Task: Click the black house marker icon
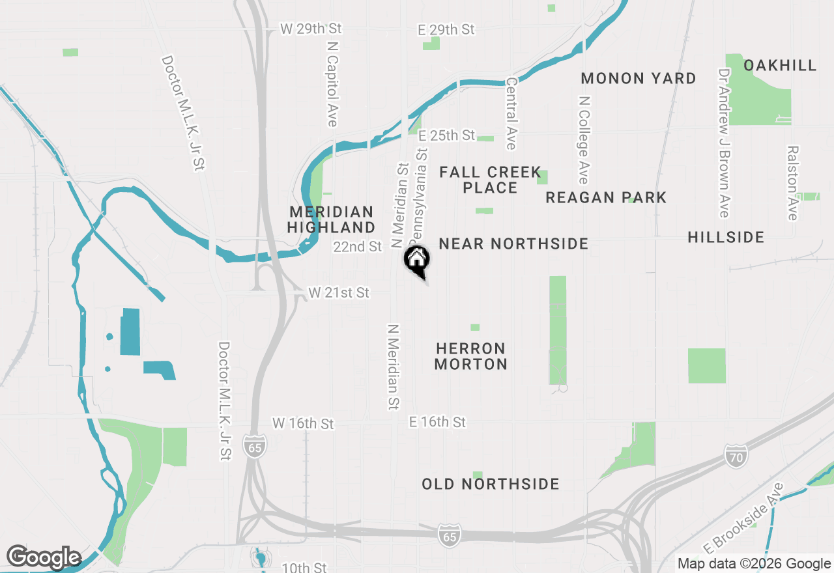417,260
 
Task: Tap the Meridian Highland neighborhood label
331,219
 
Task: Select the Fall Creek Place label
490,180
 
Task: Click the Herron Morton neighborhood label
470,356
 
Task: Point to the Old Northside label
490,484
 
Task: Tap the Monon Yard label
638,78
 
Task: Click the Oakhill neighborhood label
779,65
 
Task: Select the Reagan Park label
606,197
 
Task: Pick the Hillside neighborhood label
726,237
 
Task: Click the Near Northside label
513,244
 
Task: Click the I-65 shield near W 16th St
255,446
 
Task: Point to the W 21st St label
339,293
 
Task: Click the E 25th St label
447,135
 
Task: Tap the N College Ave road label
584,140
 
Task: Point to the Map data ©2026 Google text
753,564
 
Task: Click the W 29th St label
311,29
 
